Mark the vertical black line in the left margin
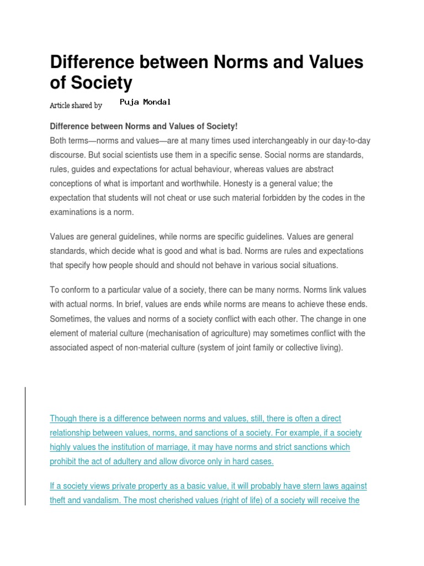coord(25,446)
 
